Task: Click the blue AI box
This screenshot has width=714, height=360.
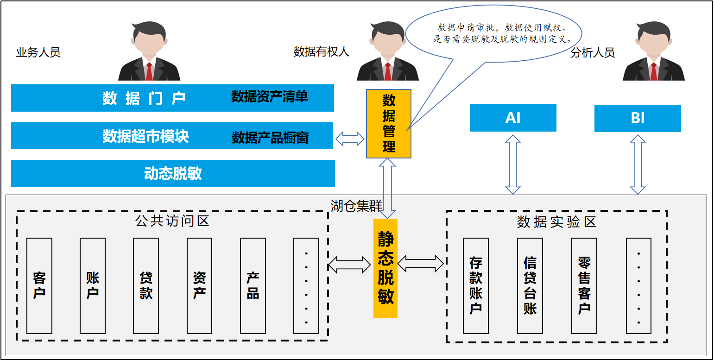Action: click(x=513, y=118)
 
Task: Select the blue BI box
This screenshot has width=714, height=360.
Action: click(x=638, y=118)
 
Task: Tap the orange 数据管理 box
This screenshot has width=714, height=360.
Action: click(x=389, y=124)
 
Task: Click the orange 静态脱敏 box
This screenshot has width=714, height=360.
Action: click(x=385, y=268)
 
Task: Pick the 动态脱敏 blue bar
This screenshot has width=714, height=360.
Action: click(x=173, y=173)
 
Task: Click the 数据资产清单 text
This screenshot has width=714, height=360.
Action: click(x=269, y=96)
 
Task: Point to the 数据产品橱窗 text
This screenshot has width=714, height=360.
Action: click(x=270, y=138)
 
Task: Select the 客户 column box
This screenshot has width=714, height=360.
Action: click(x=39, y=286)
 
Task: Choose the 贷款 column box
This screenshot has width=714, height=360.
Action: click(x=146, y=286)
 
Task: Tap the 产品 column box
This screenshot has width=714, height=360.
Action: click(x=253, y=286)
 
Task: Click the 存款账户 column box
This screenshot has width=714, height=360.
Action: click(x=475, y=286)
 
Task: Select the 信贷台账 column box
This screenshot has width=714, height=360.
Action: click(x=530, y=286)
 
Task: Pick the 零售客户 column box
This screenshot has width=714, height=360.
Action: click(x=584, y=286)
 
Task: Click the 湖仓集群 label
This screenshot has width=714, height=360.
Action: click(x=356, y=206)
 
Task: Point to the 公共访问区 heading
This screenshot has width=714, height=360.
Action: click(x=172, y=221)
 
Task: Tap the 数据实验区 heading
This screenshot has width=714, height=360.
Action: click(x=556, y=222)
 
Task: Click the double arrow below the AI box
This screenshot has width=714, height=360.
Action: click(x=513, y=164)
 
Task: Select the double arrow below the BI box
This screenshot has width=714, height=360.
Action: click(x=638, y=164)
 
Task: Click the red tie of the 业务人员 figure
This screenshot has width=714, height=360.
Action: click(x=149, y=71)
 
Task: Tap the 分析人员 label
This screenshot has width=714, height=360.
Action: click(x=593, y=53)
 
